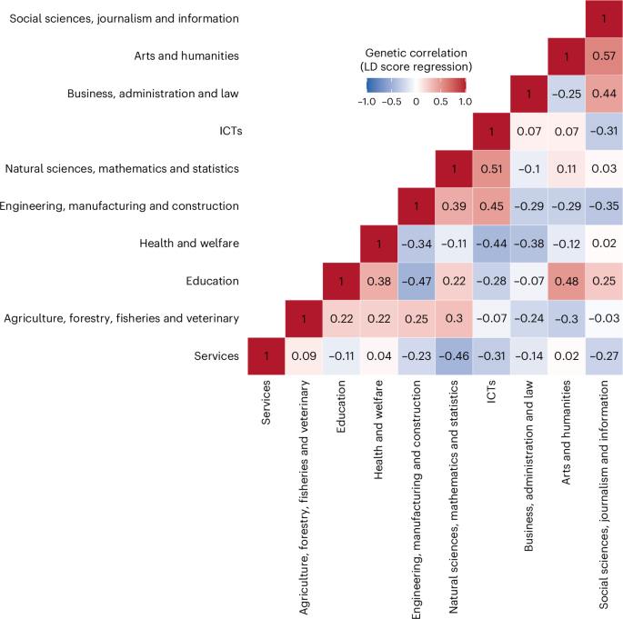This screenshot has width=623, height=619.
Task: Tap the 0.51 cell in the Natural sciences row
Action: pos(496,169)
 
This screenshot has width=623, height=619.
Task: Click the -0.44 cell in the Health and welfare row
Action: pos(496,244)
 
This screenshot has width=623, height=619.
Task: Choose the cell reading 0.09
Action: pos(309,356)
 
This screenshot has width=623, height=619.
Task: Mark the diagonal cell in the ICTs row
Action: pos(496,132)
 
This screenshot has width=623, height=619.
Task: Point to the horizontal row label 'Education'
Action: pos(214,281)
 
